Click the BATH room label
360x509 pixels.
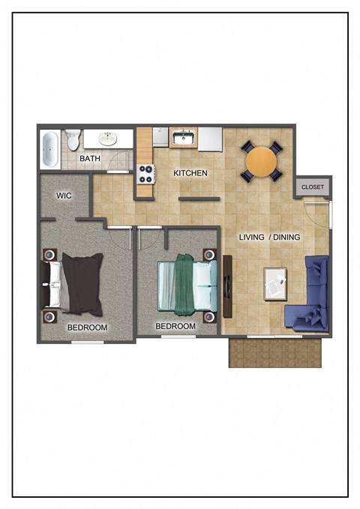[90, 159]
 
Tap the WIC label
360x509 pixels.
[63, 196]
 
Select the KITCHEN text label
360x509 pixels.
[190, 173]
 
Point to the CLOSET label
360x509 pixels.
[312, 187]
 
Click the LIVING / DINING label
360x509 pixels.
[269, 237]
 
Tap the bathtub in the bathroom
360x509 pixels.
[50, 149]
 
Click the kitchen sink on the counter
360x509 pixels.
[183, 138]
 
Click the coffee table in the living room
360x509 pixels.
[275, 283]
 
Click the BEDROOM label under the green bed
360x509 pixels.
[175, 326]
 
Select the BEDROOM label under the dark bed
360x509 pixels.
[87, 328]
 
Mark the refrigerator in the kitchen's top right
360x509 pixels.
[210, 138]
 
